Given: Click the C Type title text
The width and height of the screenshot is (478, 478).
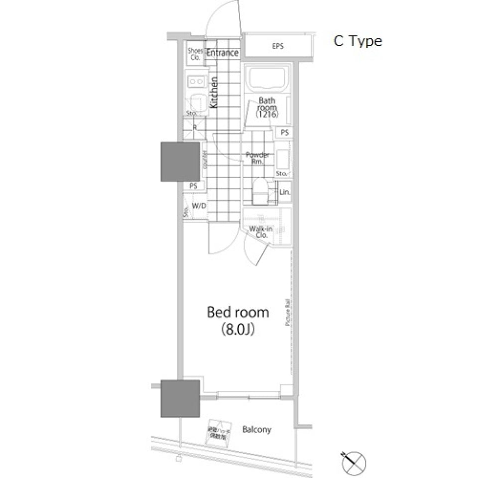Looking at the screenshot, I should click(358, 41).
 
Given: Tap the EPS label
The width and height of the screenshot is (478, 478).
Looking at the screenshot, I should click(277, 46).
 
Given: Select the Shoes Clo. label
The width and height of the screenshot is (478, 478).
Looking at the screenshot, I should click(194, 54).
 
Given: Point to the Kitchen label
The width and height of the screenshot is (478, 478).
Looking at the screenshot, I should click(214, 93).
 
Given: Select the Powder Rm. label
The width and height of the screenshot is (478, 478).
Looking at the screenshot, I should click(258, 158).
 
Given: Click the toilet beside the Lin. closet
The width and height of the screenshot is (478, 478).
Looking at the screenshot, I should click(260, 192).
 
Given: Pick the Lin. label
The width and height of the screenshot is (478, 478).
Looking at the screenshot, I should click(285, 192).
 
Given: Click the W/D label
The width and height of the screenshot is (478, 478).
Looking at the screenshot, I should click(199, 206).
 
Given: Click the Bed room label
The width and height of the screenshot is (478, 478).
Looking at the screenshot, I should click(238, 313).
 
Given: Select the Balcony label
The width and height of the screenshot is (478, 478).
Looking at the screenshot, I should click(257, 429).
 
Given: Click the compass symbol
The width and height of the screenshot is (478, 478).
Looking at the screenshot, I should click(356, 462).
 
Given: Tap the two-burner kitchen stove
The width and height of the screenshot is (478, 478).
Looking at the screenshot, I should click(196, 81).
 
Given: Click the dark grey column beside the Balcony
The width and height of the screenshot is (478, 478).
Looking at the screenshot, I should click(180, 398).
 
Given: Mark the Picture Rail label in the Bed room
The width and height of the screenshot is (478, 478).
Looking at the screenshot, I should click(287, 312).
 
